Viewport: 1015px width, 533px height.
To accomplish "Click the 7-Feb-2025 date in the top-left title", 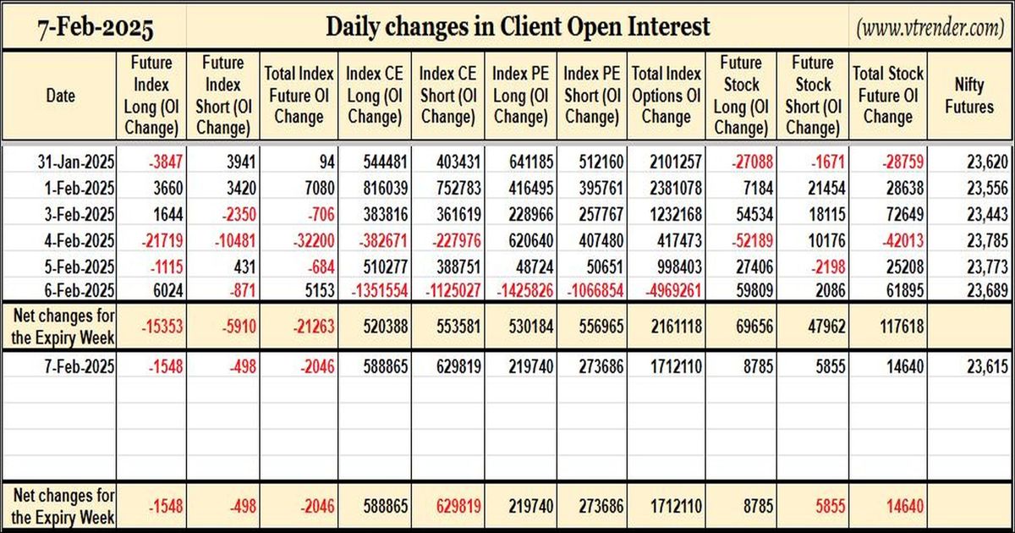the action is [x=95, y=28].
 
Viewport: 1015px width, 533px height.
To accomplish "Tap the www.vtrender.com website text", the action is [x=930, y=28].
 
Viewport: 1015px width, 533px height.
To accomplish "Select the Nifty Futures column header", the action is [x=969, y=96].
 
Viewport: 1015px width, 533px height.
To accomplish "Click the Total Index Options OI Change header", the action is [x=667, y=95].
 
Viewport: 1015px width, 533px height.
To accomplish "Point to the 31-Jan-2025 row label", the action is [x=76, y=162].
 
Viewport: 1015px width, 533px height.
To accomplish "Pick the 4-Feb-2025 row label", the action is [x=80, y=240].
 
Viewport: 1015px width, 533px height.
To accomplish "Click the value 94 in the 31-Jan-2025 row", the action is [x=326, y=162].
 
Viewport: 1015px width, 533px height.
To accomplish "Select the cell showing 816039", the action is [x=385, y=188].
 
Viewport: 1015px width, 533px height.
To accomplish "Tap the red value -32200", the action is [x=314, y=240].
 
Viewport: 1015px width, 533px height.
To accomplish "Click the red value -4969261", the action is [x=673, y=290].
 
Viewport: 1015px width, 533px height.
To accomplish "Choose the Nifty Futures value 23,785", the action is [x=987, y=240].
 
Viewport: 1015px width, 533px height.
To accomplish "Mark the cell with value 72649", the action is [x=904, y=214].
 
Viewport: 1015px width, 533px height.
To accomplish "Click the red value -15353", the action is [x=162, y=327].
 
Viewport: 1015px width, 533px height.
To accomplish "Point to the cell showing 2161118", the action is [x=677, y=327].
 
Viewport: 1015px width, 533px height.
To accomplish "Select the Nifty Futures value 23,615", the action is [x=987, y=366].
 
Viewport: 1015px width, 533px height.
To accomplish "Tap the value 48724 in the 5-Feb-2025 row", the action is [x=530, y=266].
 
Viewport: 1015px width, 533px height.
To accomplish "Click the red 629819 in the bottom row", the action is [x=458, y=506].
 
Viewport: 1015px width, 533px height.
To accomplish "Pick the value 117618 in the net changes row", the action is [x=902, y=327].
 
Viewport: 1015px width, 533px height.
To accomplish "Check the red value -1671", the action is [x=828, y=162].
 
